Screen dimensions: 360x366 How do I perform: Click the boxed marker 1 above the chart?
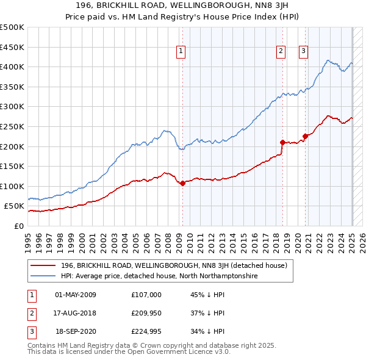tap(182, 52)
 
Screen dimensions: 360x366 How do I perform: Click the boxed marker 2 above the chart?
tap(281, 52)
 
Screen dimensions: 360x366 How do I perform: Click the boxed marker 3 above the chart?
tap(303, 52)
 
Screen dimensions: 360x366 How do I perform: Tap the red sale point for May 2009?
tap(182, 183)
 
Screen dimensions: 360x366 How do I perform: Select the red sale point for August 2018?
tap(282, 142)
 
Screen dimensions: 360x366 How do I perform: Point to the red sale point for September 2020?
tap(305, 136)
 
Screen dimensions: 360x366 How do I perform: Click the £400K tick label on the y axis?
tap(12, 67)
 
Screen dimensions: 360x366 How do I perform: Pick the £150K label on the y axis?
tap(12, 166)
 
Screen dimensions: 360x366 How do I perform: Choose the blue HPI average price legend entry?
tap(159, 276)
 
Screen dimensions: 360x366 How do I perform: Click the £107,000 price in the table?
tap(146, 295)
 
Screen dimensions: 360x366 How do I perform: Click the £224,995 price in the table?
tap(146, 333)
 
